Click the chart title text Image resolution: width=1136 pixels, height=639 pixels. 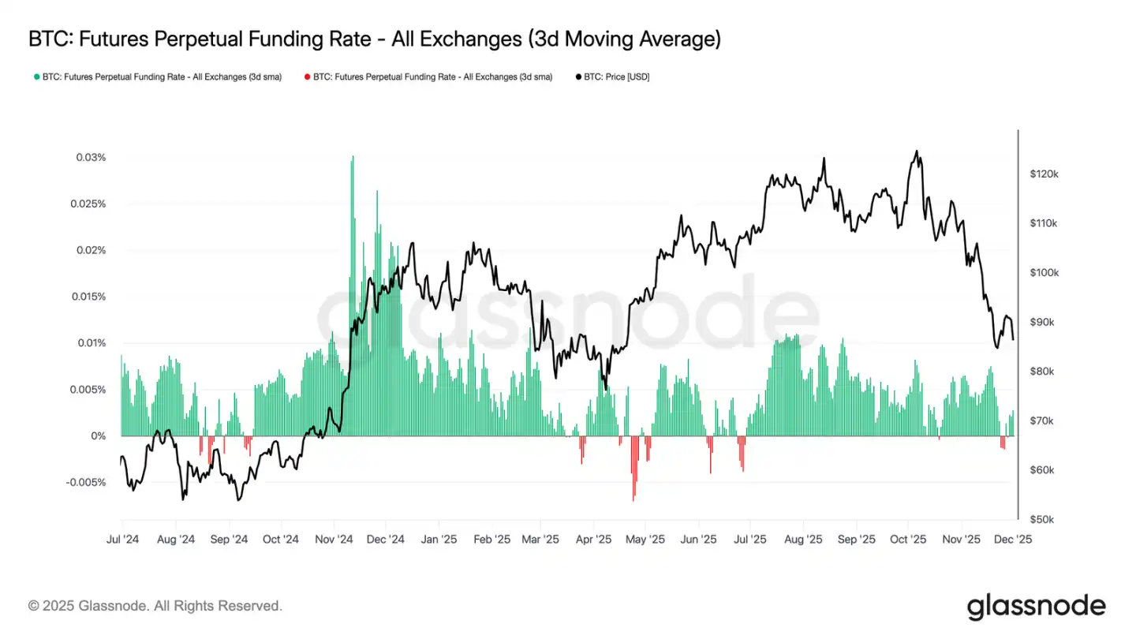pos(374,39)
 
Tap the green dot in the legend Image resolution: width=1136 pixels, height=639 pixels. pos(36,77)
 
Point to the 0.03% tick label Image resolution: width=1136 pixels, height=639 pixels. pos(91,158)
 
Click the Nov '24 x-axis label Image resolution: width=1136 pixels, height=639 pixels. pos(334,540)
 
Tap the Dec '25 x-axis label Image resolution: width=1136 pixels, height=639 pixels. pos(1013,540)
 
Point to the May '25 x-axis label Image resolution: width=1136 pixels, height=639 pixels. pos(645,540)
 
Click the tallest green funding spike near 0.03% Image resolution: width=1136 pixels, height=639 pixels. pos(352,158)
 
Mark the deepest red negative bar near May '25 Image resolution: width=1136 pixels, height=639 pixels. pos(633,497)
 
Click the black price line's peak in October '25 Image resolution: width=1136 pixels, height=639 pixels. pos(916,151)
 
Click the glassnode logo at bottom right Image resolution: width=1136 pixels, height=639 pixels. pos(1036,606)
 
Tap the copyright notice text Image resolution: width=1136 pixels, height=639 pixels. pos(155,606)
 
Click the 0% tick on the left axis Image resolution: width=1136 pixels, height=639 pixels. pos(98,436)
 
